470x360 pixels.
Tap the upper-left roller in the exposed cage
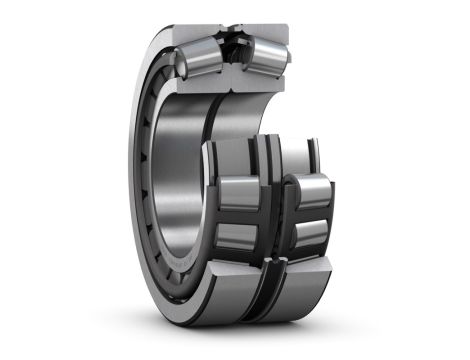239,190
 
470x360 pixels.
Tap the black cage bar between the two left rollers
238,214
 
